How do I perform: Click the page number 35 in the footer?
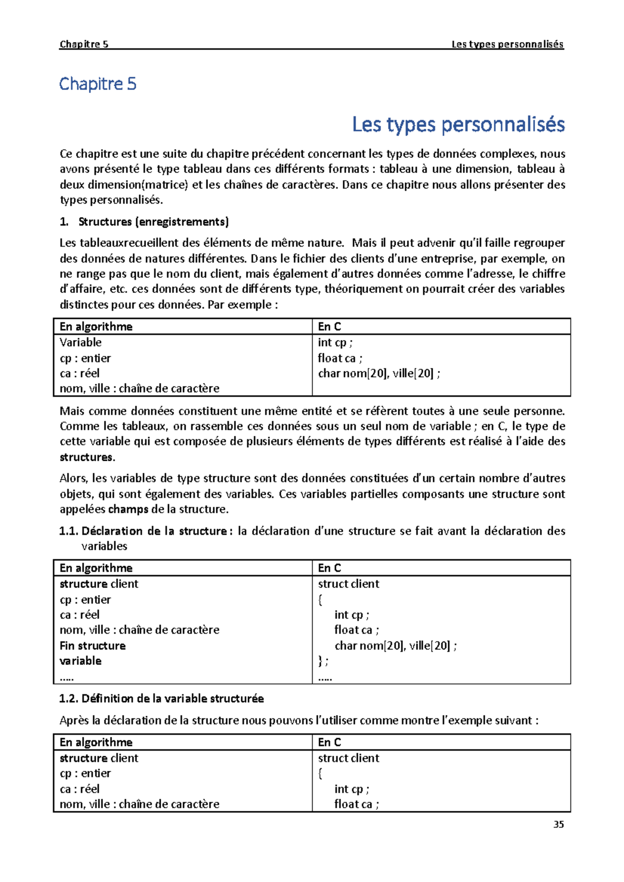(558, 824)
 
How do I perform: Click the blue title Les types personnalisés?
(458, 125)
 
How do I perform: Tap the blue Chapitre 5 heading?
(98, 84)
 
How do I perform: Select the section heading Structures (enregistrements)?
(153, 222)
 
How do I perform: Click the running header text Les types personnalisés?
(507, 44)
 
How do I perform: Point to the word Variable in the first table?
(81, 342)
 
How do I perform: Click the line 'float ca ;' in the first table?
(340, 358)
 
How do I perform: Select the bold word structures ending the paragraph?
(86, 457)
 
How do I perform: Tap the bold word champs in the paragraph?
(128, 509)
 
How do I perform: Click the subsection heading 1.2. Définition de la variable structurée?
(162, 699)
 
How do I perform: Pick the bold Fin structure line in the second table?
(93, 646)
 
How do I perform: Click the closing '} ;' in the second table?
(323, 661)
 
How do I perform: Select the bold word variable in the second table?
(81, 661)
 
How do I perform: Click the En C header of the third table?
(329, 742)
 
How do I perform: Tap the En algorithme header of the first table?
(96, 327)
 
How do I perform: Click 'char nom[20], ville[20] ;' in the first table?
(379, 373)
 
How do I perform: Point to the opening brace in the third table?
(320, 773)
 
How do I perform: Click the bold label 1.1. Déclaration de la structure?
(143, 531)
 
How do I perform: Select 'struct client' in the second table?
(348, 584)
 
